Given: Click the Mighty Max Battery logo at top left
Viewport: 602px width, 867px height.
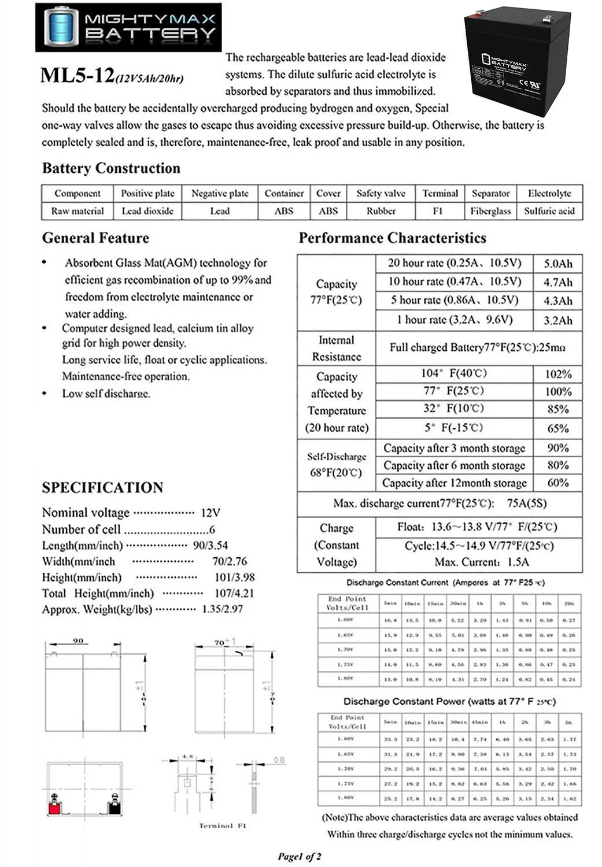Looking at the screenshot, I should coord(128,27).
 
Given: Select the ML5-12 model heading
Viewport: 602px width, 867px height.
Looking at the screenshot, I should coord(77,76).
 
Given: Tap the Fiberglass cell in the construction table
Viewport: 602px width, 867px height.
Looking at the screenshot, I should coord(490,211).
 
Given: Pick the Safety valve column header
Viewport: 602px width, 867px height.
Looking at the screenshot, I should coord(381,194).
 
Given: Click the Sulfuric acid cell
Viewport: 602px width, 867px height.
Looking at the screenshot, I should coord(549,211).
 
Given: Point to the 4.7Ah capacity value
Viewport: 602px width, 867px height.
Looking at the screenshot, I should coord(557,283).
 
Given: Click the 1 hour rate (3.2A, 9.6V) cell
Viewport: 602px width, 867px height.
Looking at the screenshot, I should coord(454,320).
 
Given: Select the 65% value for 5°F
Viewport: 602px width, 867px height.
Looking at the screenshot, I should coord(557,428).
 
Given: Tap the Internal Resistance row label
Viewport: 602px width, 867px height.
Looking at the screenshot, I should coord(336,349).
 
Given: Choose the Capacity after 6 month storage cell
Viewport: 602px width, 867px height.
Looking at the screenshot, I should coord(454,466).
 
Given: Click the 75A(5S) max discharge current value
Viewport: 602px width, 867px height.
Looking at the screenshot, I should coord(526,503).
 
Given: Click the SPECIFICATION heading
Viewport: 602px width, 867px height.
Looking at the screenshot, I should coord(102,487).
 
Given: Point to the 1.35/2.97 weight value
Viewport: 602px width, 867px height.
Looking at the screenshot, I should coord(223,609).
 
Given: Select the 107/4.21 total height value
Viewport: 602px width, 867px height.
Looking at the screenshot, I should coord(233,593).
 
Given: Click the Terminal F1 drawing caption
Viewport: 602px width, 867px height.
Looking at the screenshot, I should coord(222,826).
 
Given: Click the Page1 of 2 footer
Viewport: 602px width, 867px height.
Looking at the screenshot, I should coord(299,857).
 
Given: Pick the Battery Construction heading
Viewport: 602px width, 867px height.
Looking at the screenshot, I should coord(111,168).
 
